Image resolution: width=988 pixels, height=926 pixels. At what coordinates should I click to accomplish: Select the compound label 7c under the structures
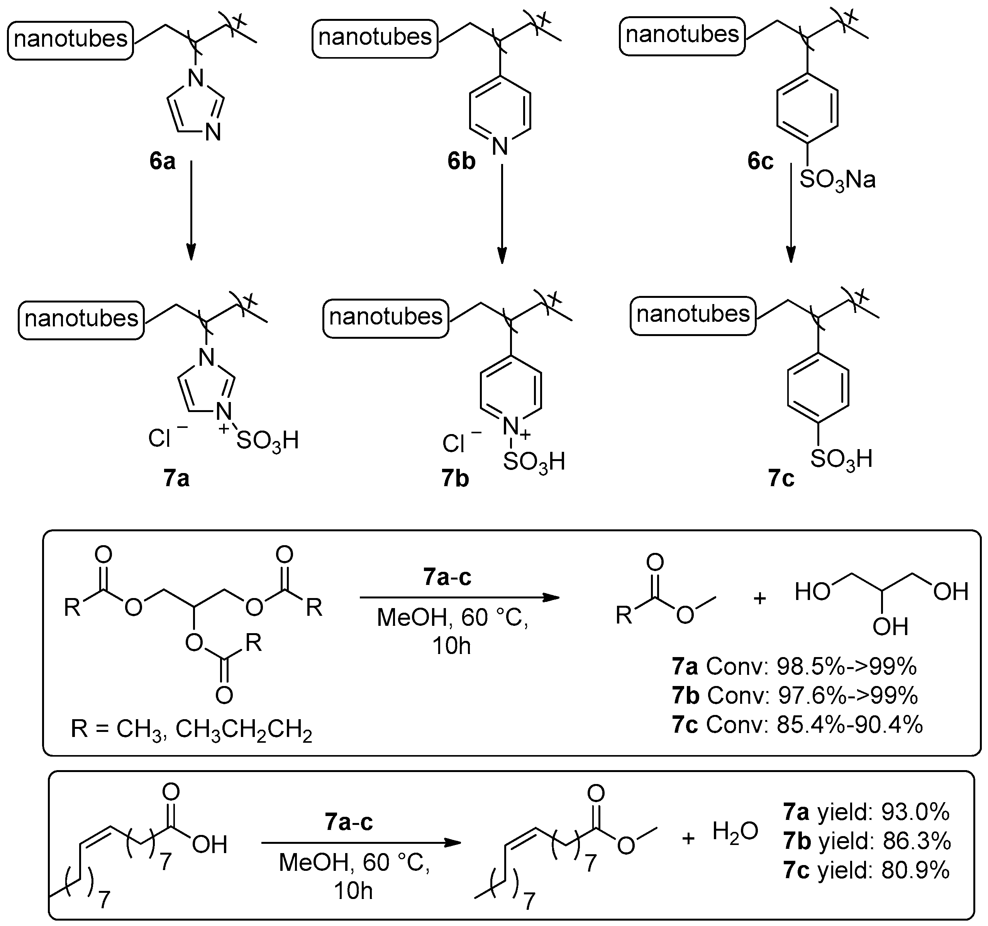point(781,478)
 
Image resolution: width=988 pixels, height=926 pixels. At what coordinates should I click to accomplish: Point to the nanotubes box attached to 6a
point(71,40)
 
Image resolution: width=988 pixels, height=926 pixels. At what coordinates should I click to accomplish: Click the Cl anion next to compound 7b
point(453,444)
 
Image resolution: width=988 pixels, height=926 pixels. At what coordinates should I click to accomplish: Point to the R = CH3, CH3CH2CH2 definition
point(191,730)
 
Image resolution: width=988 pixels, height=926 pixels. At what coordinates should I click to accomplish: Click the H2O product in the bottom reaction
point(735,831)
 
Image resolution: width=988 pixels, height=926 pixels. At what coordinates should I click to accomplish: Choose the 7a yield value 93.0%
point(915,812)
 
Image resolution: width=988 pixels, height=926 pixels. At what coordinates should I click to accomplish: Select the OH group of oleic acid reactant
point(209,845)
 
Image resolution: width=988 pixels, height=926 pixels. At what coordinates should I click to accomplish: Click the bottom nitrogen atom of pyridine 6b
point(501,147)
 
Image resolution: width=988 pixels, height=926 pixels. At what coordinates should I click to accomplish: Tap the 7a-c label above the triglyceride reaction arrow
point(447,578)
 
